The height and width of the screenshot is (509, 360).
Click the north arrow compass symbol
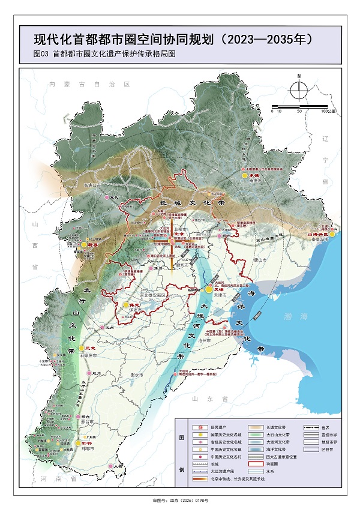pos(298,90)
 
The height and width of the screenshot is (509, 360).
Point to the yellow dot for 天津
pos(209,289)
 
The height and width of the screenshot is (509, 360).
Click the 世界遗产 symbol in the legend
pos(195,424)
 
